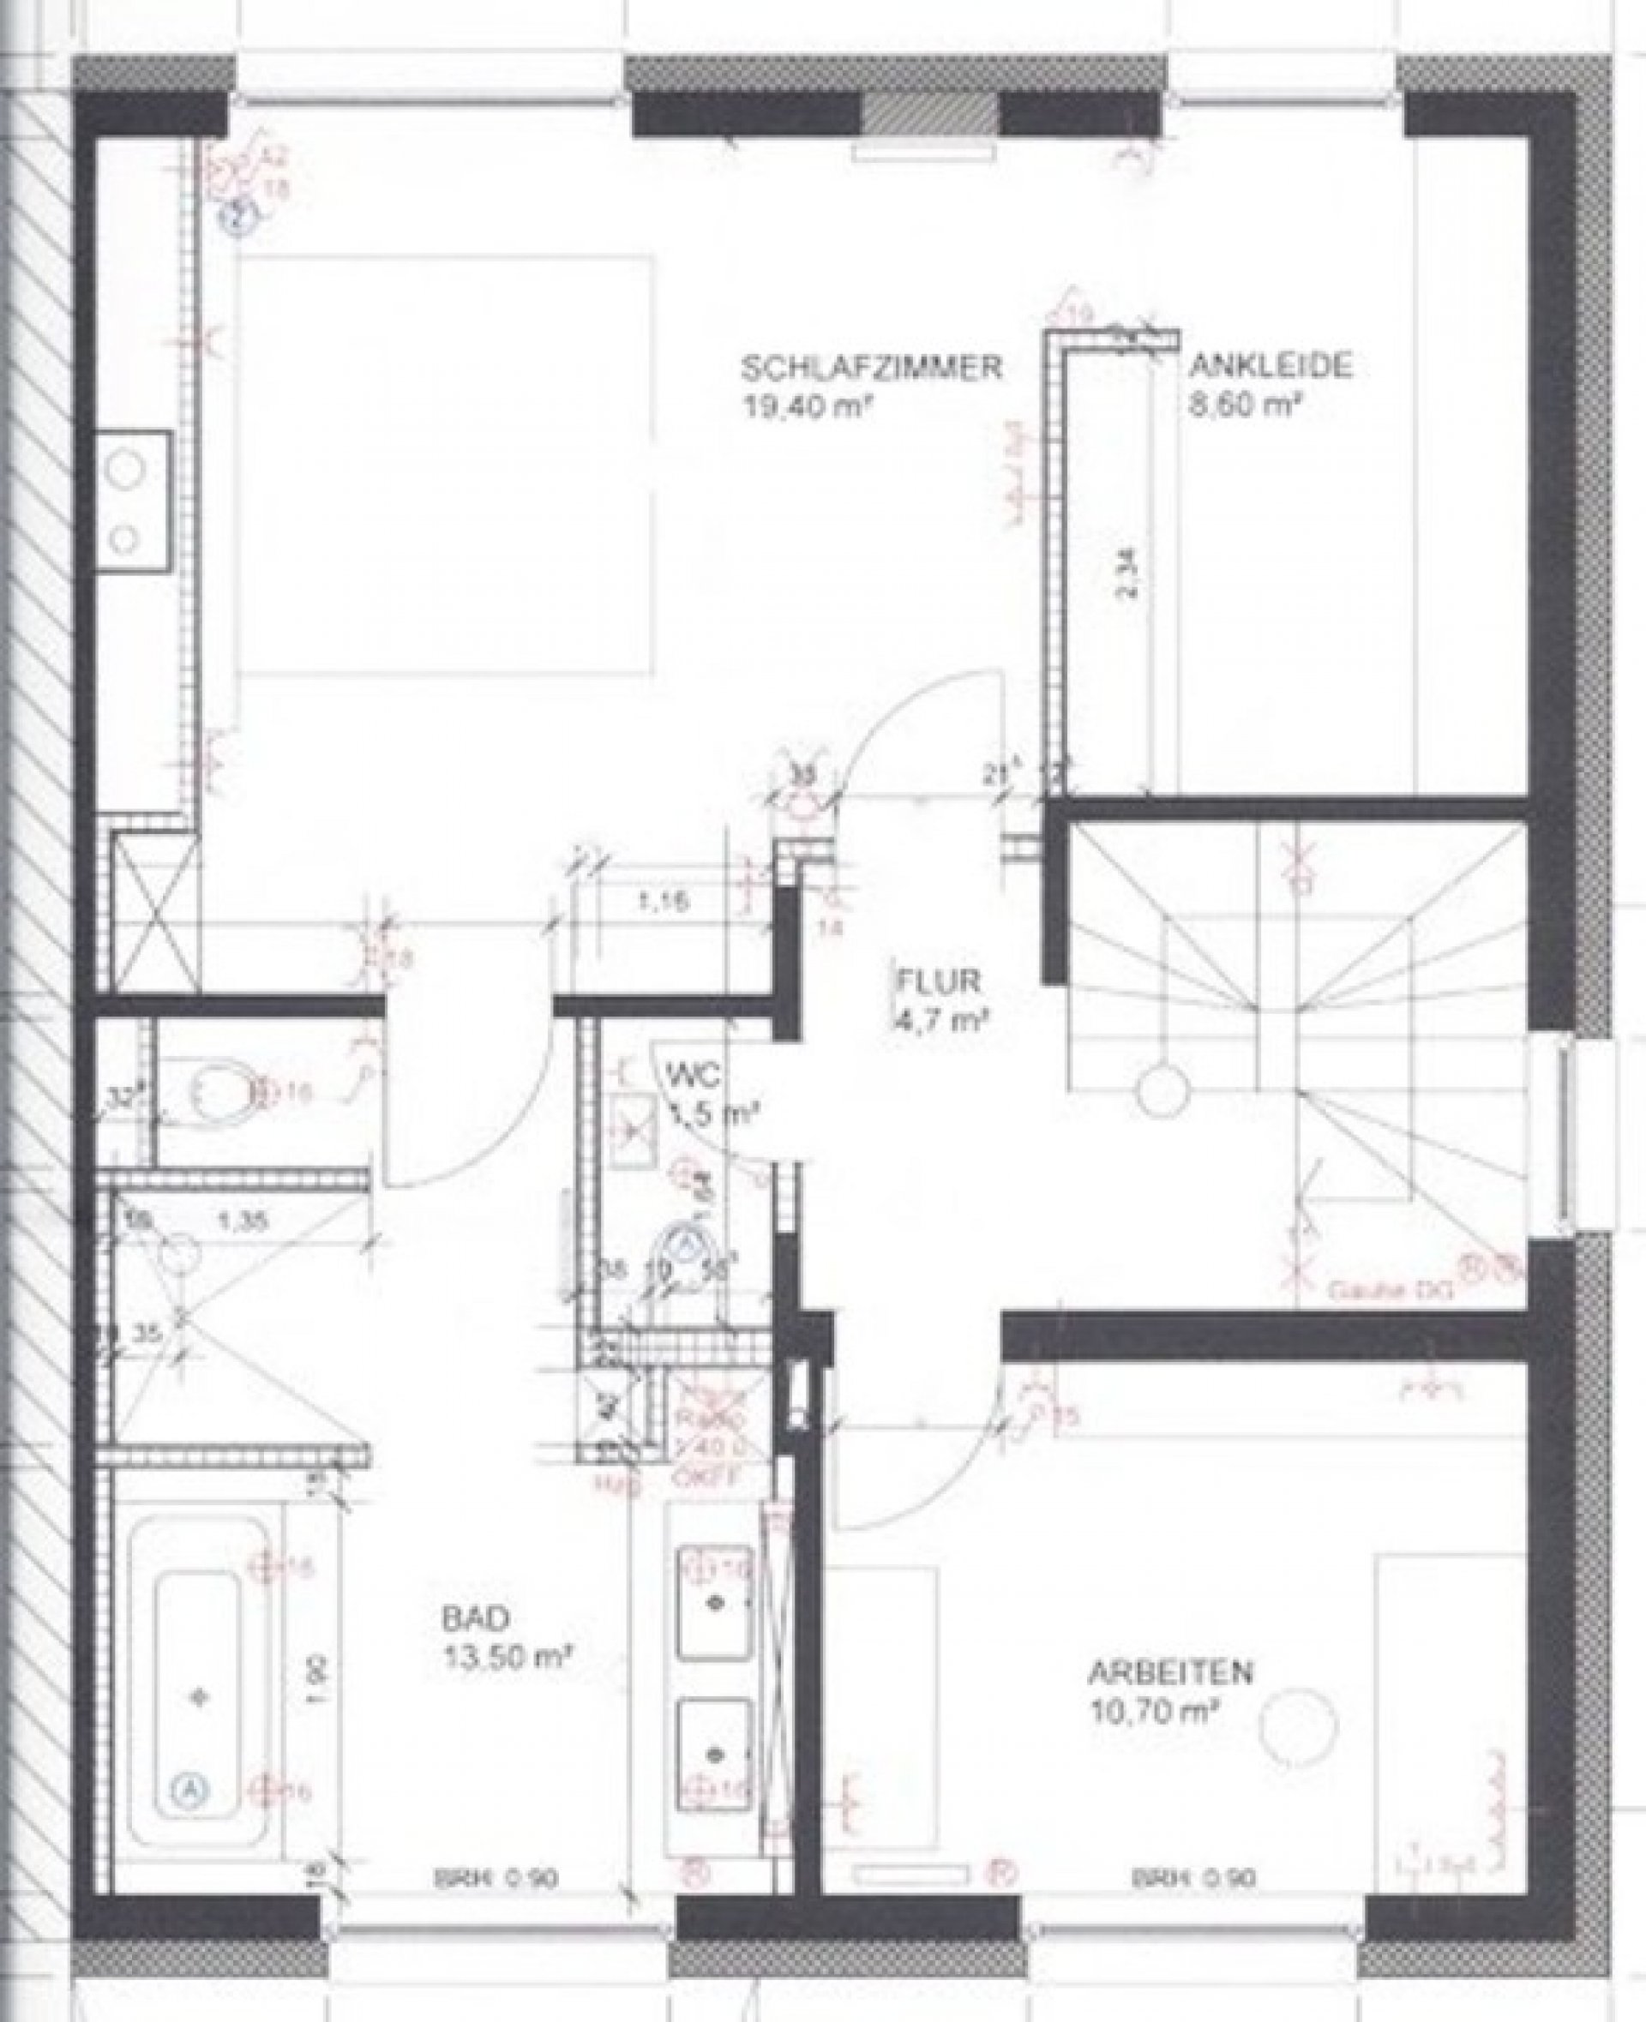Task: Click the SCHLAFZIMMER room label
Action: pos(871,368)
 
